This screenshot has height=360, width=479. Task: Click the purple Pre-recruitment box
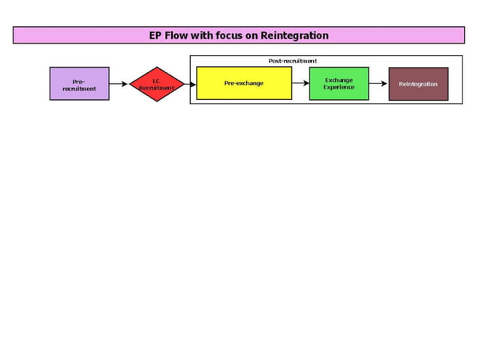coord(79,83)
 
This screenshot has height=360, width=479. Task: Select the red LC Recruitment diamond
coord(156,83)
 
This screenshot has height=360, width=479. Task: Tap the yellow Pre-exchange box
coord(244,83)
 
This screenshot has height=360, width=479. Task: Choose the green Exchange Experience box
coord(339,83)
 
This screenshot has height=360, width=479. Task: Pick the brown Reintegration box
coord(418,83)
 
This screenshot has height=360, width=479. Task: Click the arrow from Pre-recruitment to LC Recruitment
coord(119,84)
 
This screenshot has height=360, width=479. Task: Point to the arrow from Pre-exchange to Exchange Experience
coord(300,83)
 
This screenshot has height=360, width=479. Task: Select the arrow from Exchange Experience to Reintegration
coord(378,83)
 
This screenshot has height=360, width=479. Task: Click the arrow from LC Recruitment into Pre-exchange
coord(190,84)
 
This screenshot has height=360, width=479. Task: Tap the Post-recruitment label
coord(293,61)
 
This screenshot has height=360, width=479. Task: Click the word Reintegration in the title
coord(294,35)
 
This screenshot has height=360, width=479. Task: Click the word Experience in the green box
coord(339,87)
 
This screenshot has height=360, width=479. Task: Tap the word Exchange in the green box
coord(339,80)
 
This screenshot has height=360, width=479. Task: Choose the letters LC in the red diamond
coord(156,80)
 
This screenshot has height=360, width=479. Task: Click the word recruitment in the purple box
coord(79,89)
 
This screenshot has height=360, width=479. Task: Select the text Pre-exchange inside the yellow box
coord(244,83)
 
